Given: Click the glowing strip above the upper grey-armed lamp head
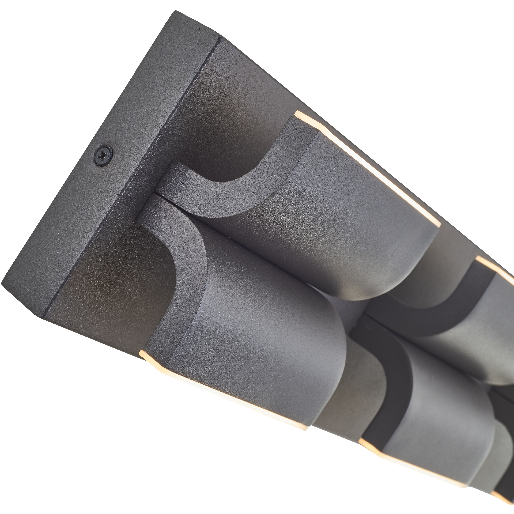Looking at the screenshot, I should point(372,170).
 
